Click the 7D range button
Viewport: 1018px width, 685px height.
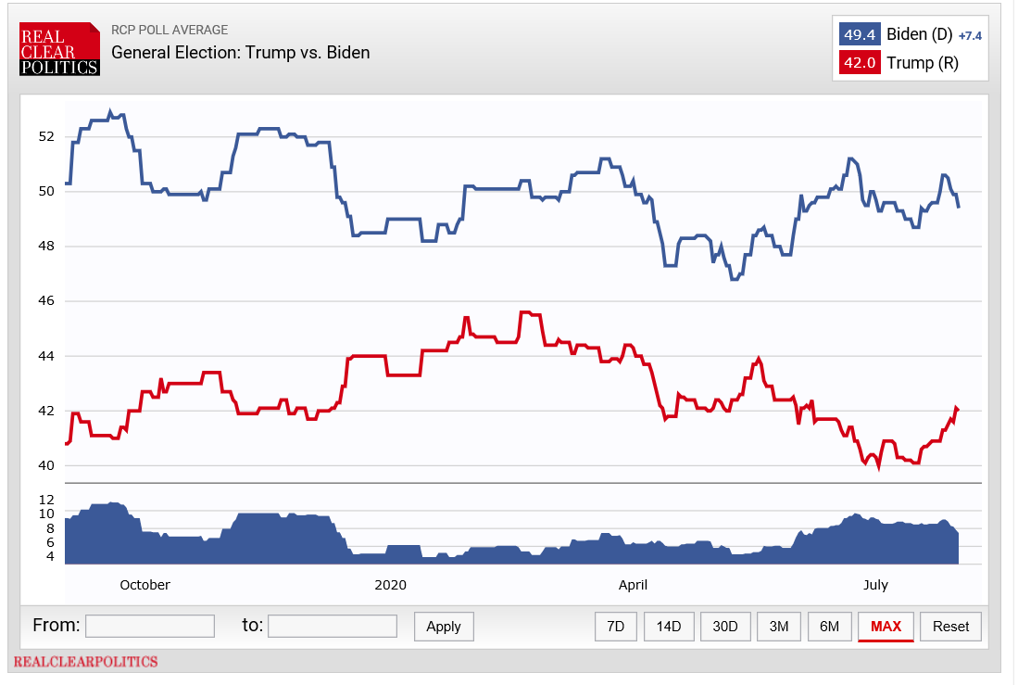(615, 627)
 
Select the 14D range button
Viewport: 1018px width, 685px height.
(669, 627)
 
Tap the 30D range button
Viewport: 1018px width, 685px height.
(725, 627)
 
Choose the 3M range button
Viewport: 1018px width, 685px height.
(779, 627)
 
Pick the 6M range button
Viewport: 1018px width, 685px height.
(829, 627)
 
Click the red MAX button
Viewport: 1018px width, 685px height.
(886, 627)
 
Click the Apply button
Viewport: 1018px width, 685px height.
(444, 627)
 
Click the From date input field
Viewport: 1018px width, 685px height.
(150, 626)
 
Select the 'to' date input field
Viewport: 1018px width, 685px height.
(333, 626)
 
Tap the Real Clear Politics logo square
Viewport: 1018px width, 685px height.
(59, 49)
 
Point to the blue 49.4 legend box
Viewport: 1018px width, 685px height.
(859, 35)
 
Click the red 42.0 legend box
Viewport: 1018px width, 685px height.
(859, 63)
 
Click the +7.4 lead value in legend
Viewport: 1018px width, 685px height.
(969, 36)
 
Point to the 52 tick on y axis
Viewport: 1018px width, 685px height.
(46, 136)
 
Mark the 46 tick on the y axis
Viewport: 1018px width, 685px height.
(46, 301)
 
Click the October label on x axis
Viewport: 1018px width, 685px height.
(145, 585)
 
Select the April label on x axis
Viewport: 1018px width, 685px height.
(633, 585)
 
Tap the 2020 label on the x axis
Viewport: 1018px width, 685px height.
(390, 585)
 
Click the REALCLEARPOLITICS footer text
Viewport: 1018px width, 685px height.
(85, 662)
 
